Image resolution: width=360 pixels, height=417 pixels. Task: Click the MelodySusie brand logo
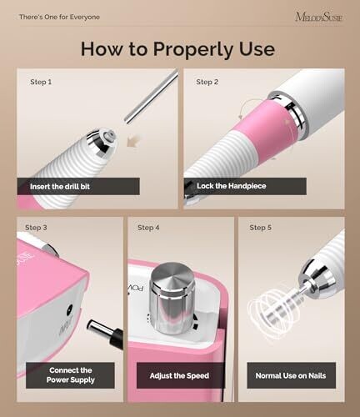[x=319, y=17]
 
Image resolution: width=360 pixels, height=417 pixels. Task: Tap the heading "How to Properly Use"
[x=177, y=49]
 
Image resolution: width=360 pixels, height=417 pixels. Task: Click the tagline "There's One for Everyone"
[x=59, y=17]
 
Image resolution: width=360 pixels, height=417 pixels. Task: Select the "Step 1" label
[x=41, y=82]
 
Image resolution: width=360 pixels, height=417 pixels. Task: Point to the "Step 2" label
[x=207, y=82]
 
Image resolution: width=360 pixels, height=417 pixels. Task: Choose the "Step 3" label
[x=36, y=228]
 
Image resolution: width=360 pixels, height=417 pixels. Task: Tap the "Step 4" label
[x=148, y=228]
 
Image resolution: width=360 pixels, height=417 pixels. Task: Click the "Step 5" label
[x=261, y=228]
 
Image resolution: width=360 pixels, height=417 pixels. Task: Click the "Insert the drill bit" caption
[x=60, y=186]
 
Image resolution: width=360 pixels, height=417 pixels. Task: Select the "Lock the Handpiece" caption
[x=232, y=186]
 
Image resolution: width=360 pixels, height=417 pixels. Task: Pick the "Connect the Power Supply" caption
[x=71, y=375]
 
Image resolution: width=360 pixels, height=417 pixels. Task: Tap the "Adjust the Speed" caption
[x=179, y=375]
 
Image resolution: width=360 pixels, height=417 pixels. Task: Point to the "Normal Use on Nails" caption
[x=291, y=375]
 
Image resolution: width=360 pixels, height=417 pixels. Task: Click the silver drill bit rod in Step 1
[x=152, y=96]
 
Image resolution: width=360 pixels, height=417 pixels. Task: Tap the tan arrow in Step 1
[x=133, y=141]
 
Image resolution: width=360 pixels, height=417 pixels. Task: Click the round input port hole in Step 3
[x=69, y=309]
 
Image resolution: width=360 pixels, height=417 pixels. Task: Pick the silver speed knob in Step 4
[x=172, y=298]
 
